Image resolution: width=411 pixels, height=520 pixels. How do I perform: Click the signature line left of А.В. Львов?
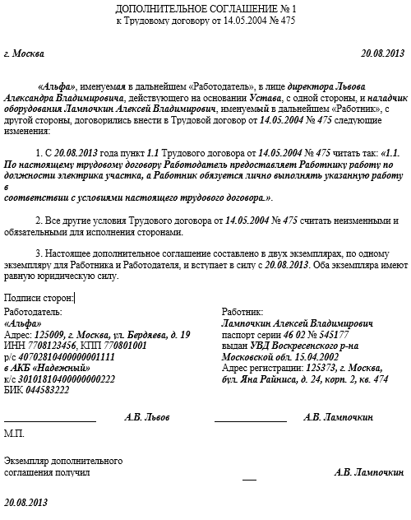pos(50,421)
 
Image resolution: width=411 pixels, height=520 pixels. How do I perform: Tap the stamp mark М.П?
pos(14,433)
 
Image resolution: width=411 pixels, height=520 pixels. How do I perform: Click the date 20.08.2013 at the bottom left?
pos(26,501)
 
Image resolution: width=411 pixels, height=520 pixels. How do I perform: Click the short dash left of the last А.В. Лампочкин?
pos(249,478)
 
